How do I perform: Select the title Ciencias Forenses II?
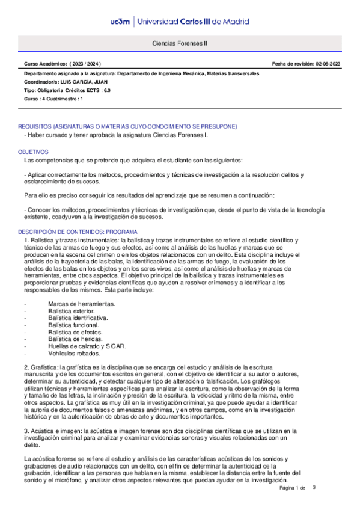click(x=180, y=43)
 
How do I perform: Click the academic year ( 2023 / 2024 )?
click(x=87, y=63)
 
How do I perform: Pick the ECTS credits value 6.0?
click(x=106, y=90)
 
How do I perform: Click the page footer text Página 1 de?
click(x=293, y=488)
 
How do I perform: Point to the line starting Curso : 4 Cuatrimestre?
click(x=53, y=98)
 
